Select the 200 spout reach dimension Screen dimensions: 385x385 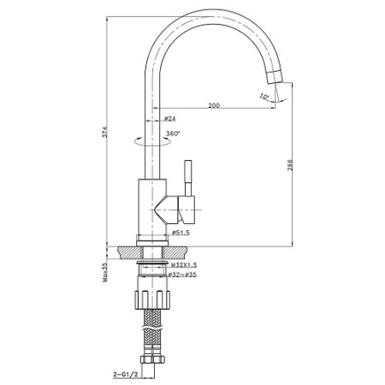pyautogui.click(x=213, y=105)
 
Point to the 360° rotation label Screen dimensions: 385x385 pyautogui.click(x=172, y=134)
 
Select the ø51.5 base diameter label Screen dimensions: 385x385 pyautogui.click(x=181, y=233)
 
